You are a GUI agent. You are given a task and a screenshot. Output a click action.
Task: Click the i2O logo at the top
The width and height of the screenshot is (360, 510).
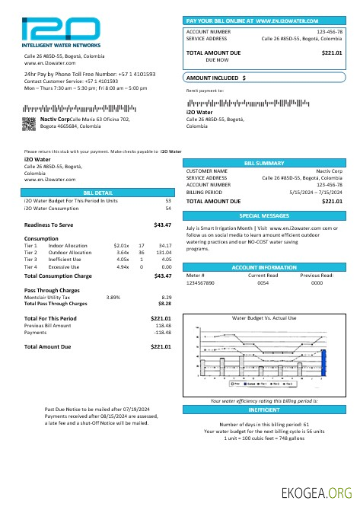pyautogui.click(x=61, y=32)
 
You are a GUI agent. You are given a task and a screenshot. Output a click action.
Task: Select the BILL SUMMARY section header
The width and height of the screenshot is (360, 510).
pyautogui.click(x=263, y=163)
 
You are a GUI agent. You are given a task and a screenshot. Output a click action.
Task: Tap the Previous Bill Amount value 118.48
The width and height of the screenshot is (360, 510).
pyautogui.click(x=162, y=325)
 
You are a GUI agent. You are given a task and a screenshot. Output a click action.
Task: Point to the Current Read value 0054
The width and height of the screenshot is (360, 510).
pyautogui.click(x=263, y=282)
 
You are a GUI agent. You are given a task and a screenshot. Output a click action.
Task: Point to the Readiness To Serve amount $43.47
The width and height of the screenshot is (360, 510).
pyautogui.click(x=162, y=225)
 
